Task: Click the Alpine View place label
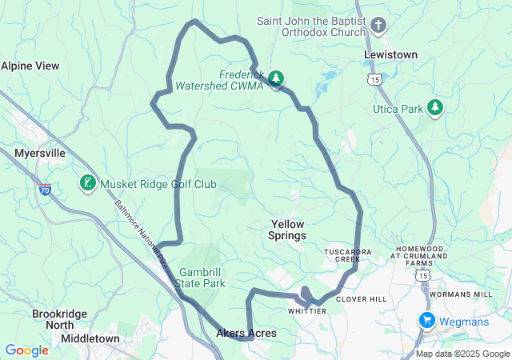coord(30,66)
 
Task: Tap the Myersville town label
coord(40,152)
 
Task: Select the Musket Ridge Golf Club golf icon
coord(86,184)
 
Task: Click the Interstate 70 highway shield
coord(45,190)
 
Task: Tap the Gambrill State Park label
coord(202,277)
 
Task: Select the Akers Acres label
coord(246,333)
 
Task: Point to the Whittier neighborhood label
coord(306,310)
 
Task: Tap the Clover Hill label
coord(362,299)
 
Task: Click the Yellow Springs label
coord(288,230)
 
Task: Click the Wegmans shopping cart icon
coord(426,322)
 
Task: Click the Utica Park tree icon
coord(435,107)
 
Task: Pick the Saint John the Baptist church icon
coord(378,25)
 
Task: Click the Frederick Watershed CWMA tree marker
coord(276,78)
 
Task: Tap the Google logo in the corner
coord(27,350)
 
